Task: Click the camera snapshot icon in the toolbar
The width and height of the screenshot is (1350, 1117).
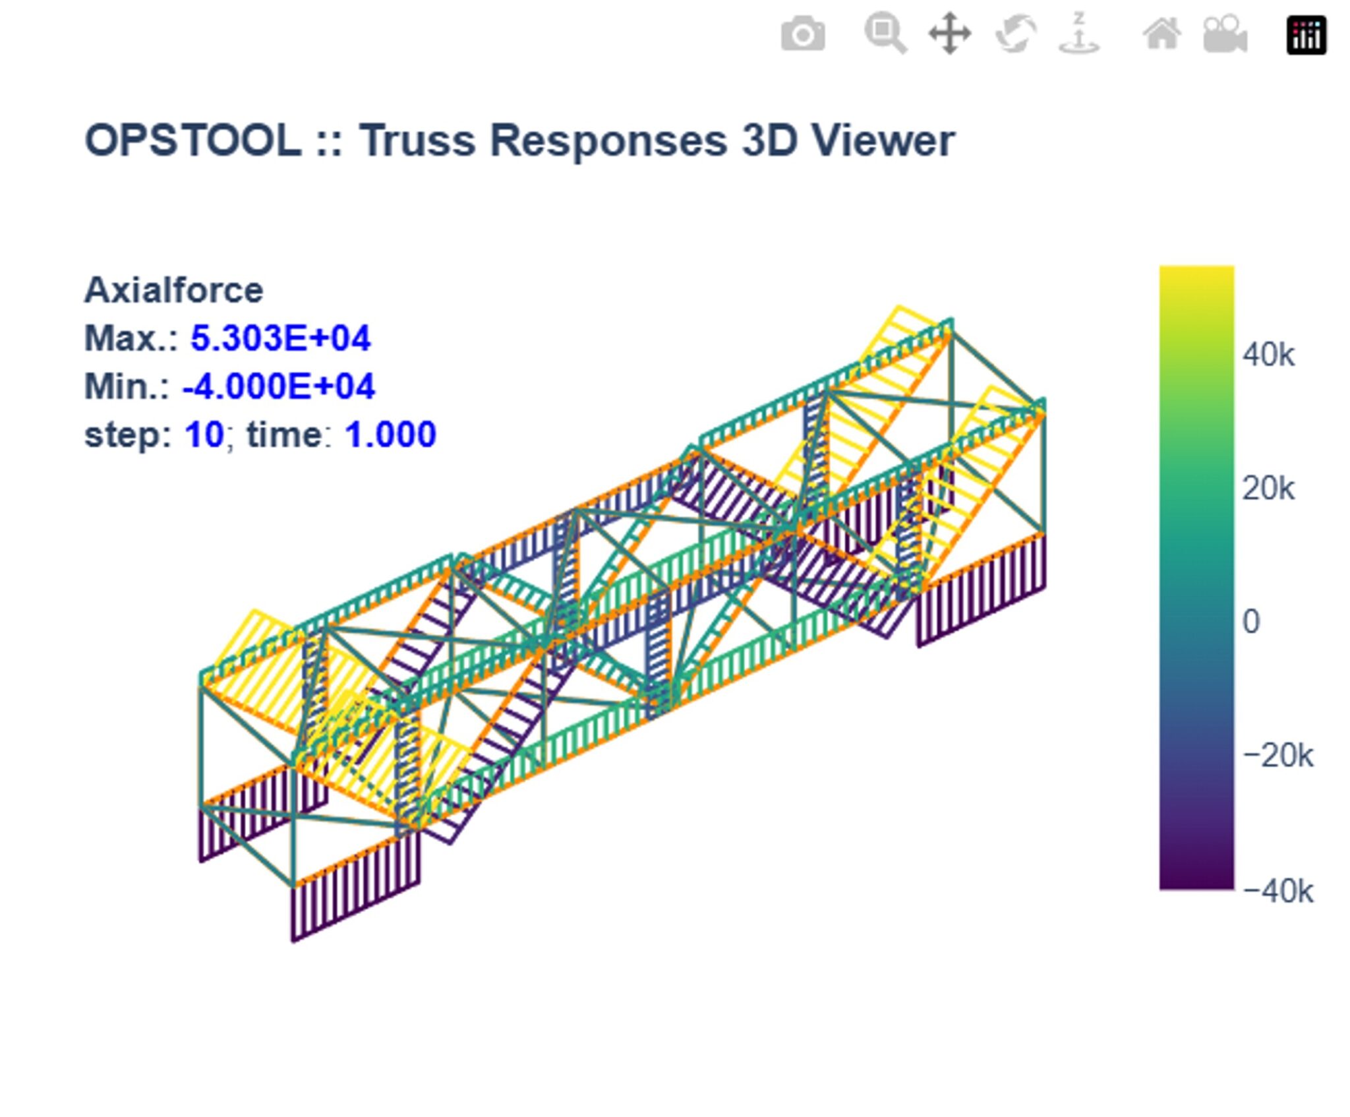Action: (802, 34)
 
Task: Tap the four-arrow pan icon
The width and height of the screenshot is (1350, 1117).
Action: (949, 34)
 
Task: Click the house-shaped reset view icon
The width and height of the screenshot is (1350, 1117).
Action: (1161, 34)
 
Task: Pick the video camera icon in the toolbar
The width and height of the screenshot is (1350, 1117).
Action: (1225, 34)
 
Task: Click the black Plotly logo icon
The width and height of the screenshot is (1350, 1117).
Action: (1306, 34)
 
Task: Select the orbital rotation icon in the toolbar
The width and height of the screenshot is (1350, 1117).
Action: (1016, 34)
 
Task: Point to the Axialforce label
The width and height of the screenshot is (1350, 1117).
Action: (173, 290)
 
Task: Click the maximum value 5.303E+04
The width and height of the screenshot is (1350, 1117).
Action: (280, 338)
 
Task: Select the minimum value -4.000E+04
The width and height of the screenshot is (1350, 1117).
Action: (278, 386)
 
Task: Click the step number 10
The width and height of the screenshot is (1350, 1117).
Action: (204, 435)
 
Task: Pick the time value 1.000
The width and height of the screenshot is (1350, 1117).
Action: (390, 435)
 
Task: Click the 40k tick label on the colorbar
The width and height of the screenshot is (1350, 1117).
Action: (1268, 355)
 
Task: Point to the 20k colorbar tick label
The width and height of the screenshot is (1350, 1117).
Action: (1268, 489)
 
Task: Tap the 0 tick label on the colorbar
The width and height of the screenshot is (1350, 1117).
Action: (1250, 622)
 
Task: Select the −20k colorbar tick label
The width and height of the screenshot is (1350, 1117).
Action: (1277, 756)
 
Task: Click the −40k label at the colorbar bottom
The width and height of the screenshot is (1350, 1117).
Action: (1277, 891)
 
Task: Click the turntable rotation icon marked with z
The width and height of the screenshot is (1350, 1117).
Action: (1078, 34)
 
